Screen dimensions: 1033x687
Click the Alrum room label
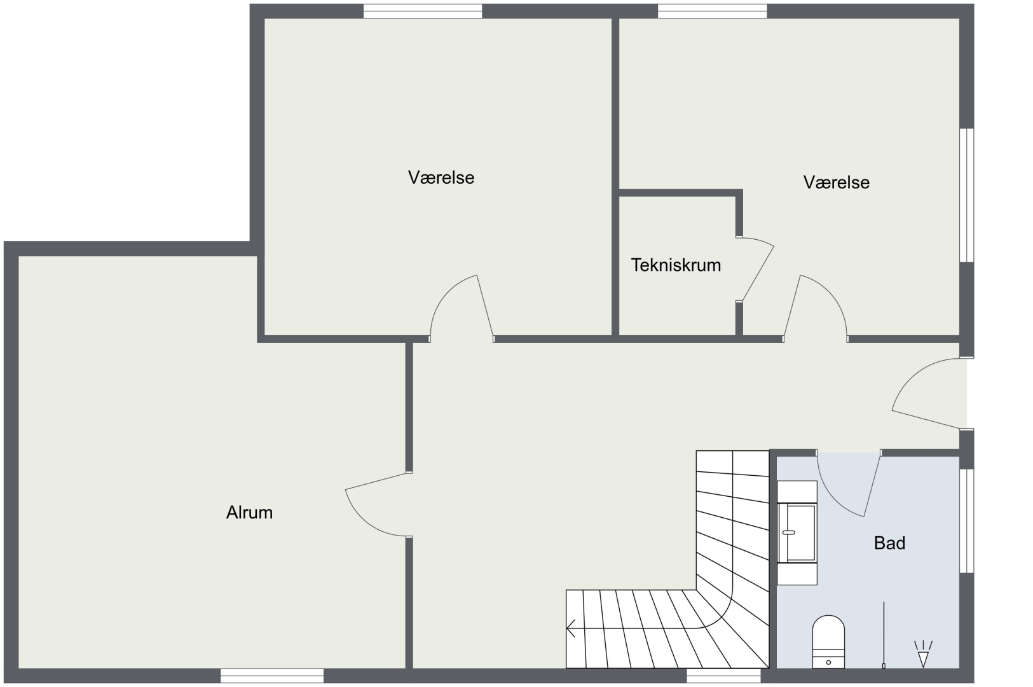pyautogui.click(x=249, y=513)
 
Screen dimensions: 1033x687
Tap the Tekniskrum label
pyautogui.click(x=676, y=265)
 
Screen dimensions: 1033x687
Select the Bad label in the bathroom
pyautogui.click(x=889, y=543)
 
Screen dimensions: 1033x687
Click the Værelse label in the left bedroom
pyautogui.click(x=441, y=177)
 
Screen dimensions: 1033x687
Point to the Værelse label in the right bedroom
pyautogui.click(x=836, y=183)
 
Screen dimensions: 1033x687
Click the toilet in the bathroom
pyautogui.click(x=828, y=642)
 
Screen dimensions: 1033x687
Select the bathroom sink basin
pyautogui.click(x=797, y=533)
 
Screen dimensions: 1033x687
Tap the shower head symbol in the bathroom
pyautogui.click(x=923, y=654)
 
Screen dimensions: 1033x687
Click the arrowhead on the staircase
pyautogui.click(x=571, y=628)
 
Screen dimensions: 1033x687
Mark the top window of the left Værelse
pyautogui.click(x=423, y=11)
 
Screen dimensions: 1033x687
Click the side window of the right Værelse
pyautogui.click(x=967, y=195)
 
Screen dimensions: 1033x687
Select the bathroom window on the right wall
pyautogui.click(x=967, y=521)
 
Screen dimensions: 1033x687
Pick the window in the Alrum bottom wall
pyautogui.click(x=272, y=676)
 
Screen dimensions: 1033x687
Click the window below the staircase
pyautogui.click(x=723, y=676)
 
